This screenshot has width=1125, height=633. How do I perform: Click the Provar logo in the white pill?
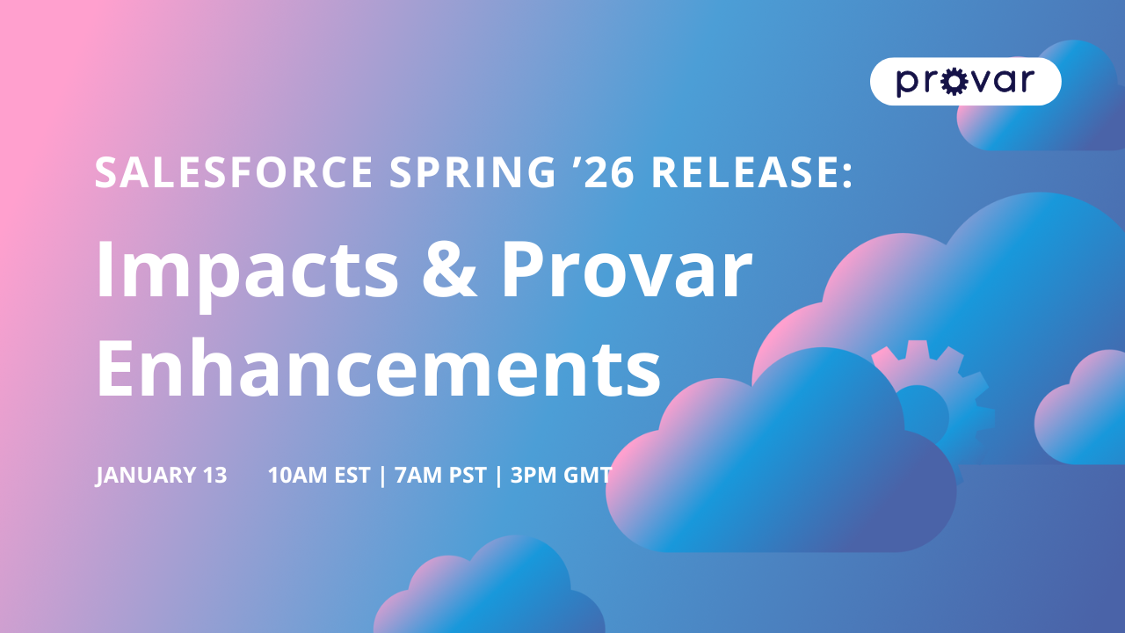pos(965,82)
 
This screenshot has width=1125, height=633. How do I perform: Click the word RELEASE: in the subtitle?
pos(751,171)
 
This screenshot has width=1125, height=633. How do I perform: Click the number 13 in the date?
pos(214,476)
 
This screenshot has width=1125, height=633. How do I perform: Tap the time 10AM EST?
pos(321,476)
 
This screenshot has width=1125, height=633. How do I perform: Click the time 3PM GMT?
pos(561,476)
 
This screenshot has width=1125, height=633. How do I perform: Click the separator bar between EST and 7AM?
pos(382,476)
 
